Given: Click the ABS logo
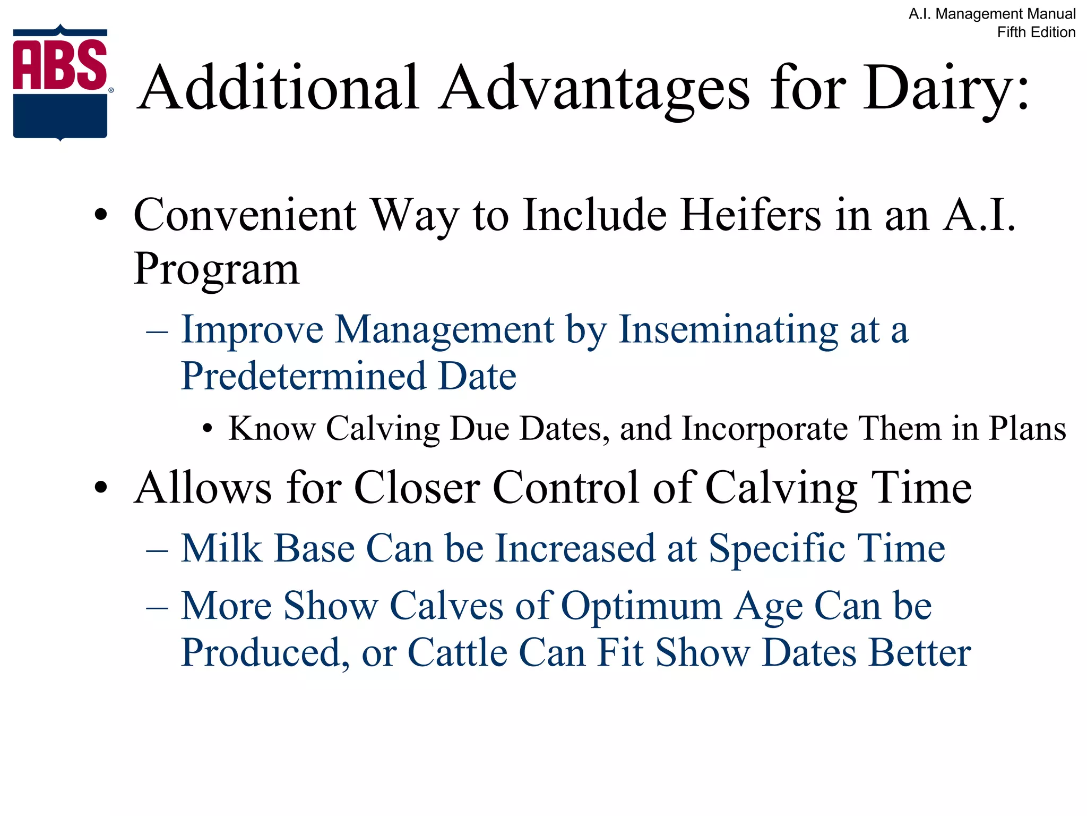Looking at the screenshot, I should coord(61,82).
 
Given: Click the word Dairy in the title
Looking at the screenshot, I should coord(937,88).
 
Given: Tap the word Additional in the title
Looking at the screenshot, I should coord(279,88).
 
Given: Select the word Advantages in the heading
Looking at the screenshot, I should coord(594,88).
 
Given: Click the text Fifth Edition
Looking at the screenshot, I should coord(1036,32).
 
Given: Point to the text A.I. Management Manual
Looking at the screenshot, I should coord(992,14).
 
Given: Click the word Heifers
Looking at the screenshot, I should coord(751,216).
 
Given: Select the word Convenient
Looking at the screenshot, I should coord(245,216).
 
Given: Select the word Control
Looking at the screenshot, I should coord(566,488).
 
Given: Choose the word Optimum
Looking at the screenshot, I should coord(641,606).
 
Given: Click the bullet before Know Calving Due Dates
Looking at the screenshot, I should coord(208,429).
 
